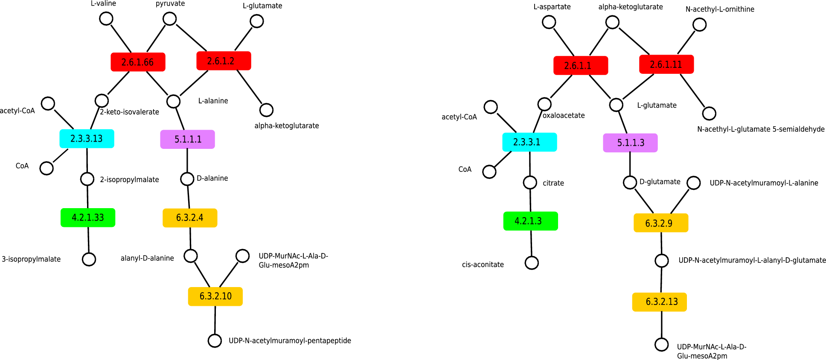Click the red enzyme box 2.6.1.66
(138, 62)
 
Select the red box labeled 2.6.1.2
(224, 61)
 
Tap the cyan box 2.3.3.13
(87, 139)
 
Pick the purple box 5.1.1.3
(630, 143)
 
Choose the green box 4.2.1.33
(88, 218)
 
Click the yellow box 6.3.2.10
(215, 296)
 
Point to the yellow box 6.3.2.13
(660, 302)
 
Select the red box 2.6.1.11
(666, 64)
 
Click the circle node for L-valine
(106, 19)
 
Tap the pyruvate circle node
(170, 19)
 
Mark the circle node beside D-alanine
(187, 179)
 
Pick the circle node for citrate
(530, 183)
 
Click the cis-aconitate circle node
(532, 263)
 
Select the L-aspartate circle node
(549, 22)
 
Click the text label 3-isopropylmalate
(31, 259)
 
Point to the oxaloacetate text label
(564, 116)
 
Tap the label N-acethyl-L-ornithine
(720, 9)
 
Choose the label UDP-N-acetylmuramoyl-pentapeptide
(290, 341)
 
